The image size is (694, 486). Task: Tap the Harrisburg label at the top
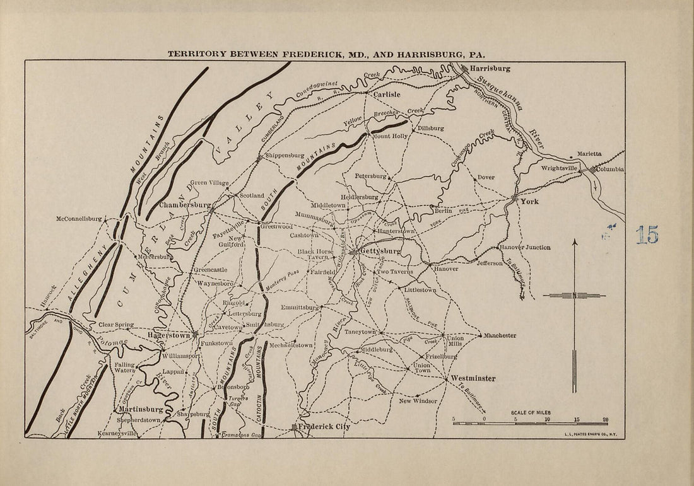click(490, 67)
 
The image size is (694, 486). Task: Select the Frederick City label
click(324, 427)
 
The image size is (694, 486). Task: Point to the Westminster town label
click(473, 378)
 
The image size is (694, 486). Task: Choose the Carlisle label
click(386, 95)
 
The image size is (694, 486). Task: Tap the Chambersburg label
click(185, 205)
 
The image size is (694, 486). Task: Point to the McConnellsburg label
click(78, 219)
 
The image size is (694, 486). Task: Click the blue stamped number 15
click(647, 235)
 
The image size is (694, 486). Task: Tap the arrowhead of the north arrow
click(574, 241)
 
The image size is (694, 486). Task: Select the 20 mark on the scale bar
click(605, 419)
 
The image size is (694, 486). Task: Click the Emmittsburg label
click(300, 308)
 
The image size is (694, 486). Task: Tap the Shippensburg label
click(283, 155)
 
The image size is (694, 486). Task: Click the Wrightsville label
click(560, 169)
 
